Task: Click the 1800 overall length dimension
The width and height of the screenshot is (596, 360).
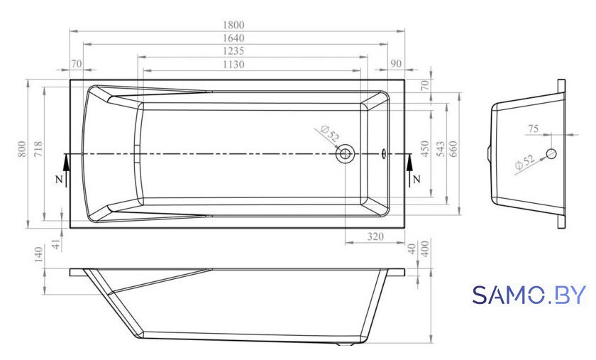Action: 233,25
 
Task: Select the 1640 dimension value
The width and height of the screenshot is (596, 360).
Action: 233,38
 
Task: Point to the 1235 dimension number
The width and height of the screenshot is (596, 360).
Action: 233,51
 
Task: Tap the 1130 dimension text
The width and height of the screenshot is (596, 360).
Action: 233,65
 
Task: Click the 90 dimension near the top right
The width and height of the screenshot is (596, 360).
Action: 396,64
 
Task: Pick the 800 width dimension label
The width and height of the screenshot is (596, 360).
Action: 23,149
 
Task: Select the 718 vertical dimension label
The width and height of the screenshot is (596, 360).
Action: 38,149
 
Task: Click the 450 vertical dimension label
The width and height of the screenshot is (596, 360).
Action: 424,149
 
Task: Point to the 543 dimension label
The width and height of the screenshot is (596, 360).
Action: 440,149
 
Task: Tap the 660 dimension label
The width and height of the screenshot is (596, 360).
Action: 453,149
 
